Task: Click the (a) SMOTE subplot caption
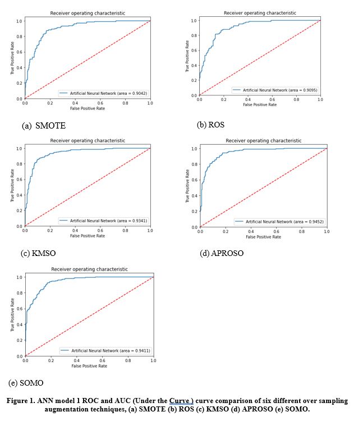tap(44, 126)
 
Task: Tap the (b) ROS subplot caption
tap(210, 125)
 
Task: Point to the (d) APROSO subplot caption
tap(222, 254)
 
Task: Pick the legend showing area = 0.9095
tap(274, 90)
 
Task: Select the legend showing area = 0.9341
tap(103, 221)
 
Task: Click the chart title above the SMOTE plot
tap(88, 12)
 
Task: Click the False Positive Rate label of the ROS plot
tap(259, 104)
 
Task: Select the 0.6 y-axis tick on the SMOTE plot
tap(19, 52)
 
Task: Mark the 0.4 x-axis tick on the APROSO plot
tap(251, 231)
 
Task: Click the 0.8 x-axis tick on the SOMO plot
tap(128, 360)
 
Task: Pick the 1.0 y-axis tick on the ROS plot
tap(194, 21)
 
